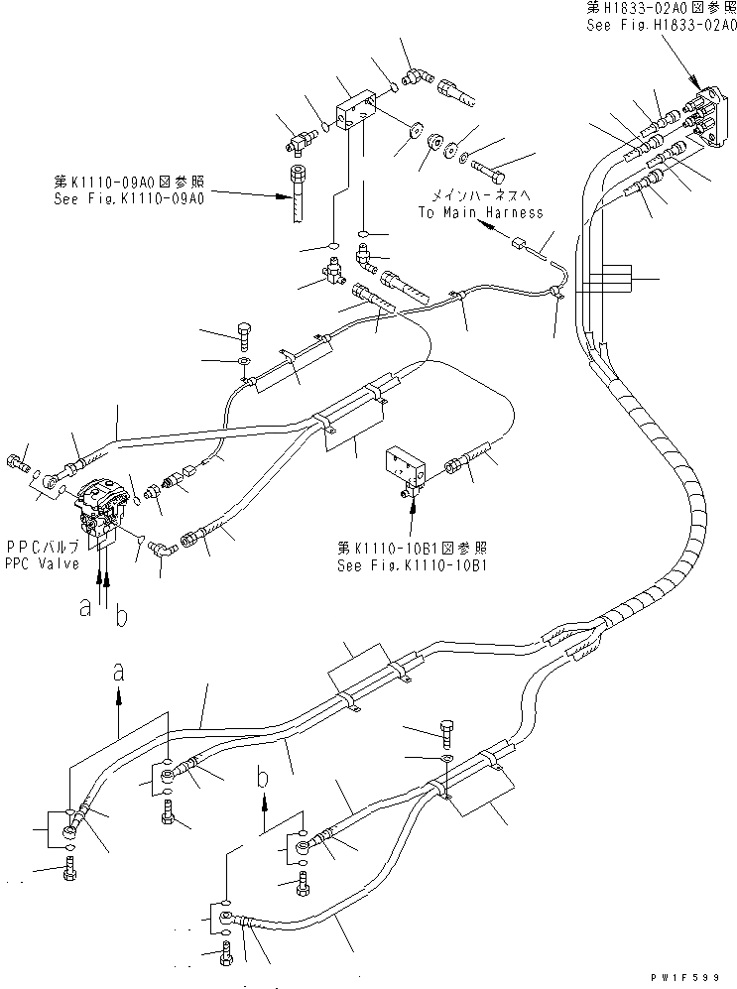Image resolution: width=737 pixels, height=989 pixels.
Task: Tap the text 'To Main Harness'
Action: pos(480,212)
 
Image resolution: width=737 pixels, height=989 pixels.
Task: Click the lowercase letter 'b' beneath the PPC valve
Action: pos(121,616)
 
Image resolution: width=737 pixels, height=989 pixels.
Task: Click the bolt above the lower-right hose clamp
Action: pos(445,730)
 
